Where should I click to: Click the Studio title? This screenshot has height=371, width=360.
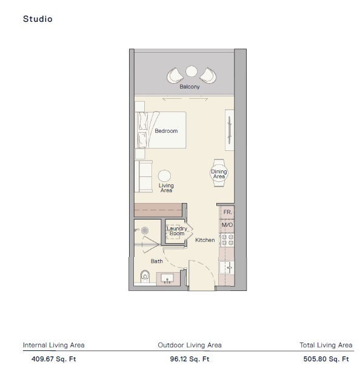[38, 19]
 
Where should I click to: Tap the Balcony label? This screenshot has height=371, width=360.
[190, 87]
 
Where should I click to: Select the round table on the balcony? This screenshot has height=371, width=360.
[192, 72]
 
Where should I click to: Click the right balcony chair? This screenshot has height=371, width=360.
[208, 75]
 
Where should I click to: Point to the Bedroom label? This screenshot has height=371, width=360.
[166, 131]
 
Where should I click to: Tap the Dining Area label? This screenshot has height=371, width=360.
[219, 174]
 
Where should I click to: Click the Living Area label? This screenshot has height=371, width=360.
[166, 188]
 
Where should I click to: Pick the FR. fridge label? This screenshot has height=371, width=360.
[227, 212]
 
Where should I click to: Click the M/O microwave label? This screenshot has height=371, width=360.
[227, 225]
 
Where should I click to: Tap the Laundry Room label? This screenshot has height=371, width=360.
[177, 231]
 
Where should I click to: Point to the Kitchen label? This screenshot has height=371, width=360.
[205, 240]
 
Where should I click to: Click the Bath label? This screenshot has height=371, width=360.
[157, 261]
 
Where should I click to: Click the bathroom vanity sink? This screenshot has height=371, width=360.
[167, 279]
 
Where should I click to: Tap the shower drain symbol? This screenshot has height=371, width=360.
[145, 230]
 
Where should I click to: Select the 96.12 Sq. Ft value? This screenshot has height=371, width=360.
[190, 358]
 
